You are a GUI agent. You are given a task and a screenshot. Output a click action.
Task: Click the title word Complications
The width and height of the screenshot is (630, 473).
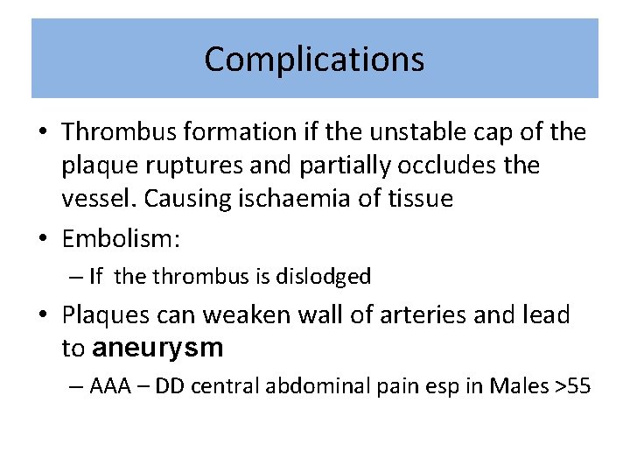(314, 60)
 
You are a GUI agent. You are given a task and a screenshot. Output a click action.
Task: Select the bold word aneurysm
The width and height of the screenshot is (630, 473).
(157, 348)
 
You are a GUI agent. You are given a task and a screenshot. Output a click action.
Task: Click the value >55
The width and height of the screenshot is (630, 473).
(573, 386)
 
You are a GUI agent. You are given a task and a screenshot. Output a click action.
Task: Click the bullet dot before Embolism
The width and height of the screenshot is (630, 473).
(43, 236)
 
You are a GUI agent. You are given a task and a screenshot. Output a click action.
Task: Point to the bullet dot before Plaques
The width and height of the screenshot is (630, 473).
(43, 315)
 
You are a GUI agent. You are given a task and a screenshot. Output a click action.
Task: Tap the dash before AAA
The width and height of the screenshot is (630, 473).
(75, 387)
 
